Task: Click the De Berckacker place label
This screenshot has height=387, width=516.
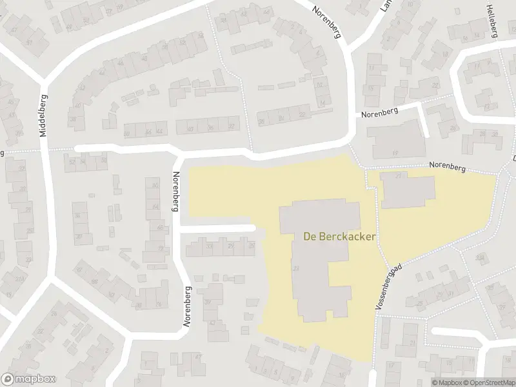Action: coord(339,236)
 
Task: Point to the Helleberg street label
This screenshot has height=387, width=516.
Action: coord(492,19)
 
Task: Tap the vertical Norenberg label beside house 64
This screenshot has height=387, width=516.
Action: coord(175,192)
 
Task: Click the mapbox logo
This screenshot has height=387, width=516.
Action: coord(28,379)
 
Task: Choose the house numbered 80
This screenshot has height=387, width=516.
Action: coord(154,186)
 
